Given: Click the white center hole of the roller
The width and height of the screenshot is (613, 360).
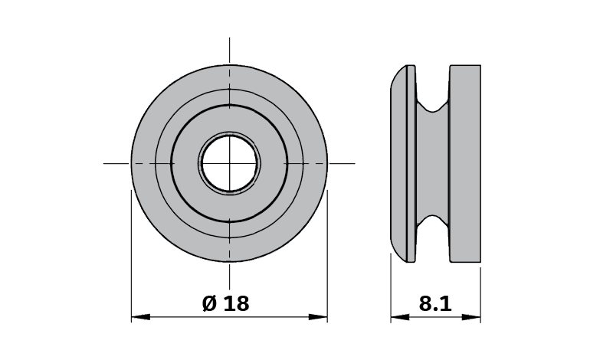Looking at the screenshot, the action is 229,163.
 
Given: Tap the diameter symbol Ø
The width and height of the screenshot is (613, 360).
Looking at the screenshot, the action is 209,303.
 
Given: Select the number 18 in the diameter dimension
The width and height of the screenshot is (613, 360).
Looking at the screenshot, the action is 237,304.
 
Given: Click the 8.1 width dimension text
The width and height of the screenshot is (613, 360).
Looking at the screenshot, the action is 435,304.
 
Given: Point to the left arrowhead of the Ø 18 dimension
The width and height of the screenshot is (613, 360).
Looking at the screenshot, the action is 140,317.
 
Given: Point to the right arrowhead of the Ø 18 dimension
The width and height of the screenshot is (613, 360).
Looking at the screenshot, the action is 318,317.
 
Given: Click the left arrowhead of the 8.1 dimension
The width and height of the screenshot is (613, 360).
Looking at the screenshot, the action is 400,317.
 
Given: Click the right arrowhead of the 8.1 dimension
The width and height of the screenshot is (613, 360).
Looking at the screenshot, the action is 471,317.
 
